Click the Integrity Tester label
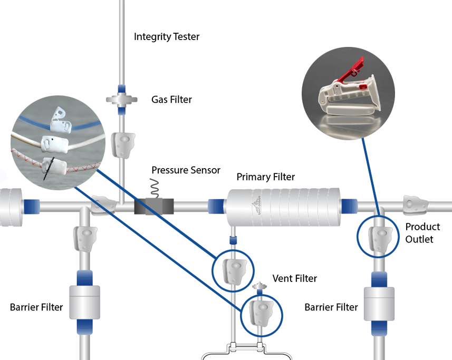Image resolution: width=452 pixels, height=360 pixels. click(167, 37)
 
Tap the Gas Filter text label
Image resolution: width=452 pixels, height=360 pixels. click(172, 99)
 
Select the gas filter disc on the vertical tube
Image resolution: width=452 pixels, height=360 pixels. click(122, 99)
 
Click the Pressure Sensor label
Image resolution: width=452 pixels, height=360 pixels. click(186, 170)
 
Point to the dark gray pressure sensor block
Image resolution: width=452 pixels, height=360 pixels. click(153, 206)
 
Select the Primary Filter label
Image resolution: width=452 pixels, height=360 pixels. click(265, 176)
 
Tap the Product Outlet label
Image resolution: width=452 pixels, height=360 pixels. click(422, 233)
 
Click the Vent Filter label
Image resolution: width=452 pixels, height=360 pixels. click(295, 278)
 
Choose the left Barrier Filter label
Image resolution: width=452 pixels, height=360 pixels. click(36, 307)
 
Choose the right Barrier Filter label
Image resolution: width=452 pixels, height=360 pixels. click(331, 307)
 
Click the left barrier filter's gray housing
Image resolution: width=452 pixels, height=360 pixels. click(85, 302)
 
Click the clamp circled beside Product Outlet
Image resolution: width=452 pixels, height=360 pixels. click(379, 236)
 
